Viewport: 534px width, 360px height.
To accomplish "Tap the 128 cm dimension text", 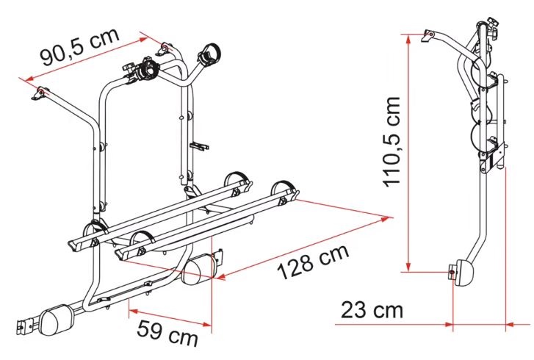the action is pyautogui.click(x=314, y=262).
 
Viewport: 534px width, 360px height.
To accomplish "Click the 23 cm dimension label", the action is pyautogui.click(x=372, y=309).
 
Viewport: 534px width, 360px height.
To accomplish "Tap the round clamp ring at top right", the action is pyautogui.click(x=209, y=54).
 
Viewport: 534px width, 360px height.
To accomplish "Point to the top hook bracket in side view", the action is pyautogui.click(x=427, y=35).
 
